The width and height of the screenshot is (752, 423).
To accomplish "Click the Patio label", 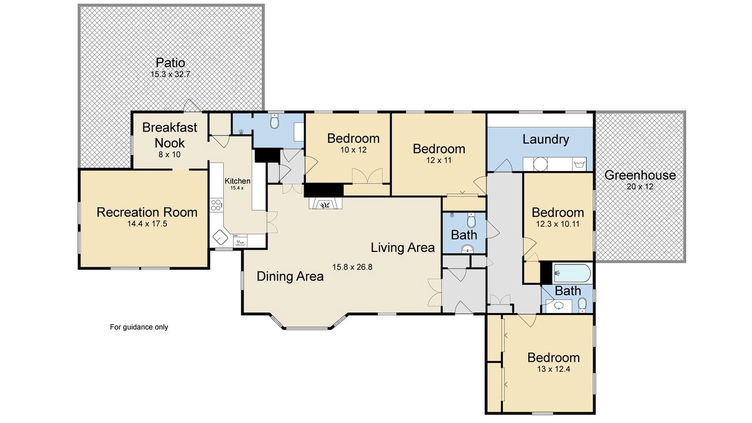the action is (x=170, y=63).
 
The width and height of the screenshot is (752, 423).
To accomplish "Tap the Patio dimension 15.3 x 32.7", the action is (x=170, y=74).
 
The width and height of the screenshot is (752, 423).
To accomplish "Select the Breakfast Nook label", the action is (x=170, y=135).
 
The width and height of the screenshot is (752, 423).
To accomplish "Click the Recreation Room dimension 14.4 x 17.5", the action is (x=147, y=224).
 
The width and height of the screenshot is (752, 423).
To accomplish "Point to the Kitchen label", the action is (x=237, y=181).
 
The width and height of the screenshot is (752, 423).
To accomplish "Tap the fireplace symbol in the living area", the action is (x=325, y=204).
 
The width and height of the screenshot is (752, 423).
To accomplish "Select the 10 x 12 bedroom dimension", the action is (x=354, y=150).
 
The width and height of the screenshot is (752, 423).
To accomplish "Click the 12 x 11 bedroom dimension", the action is (x=439, y=160).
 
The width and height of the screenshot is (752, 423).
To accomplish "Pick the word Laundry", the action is (x=546, y=139).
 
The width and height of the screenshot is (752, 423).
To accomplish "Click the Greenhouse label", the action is (x=640, y=175).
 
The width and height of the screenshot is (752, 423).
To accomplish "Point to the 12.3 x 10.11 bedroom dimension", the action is (x=558, y=224).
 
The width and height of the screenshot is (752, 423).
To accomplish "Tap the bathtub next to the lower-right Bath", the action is (x=572, y=273).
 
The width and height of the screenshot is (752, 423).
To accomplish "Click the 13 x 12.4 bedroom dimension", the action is (x=553, y=370).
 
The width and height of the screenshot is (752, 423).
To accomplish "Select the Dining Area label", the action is (x=290, y=276).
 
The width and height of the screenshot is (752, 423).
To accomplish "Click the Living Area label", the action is (x=402, y=248).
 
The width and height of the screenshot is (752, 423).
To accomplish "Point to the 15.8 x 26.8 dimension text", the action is (x=352, y=267).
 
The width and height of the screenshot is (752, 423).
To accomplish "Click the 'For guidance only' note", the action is (x=139, y=327).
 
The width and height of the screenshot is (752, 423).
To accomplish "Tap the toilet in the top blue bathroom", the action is (x=275, y=122).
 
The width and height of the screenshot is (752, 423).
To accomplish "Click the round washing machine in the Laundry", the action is (x=540, y=164).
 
